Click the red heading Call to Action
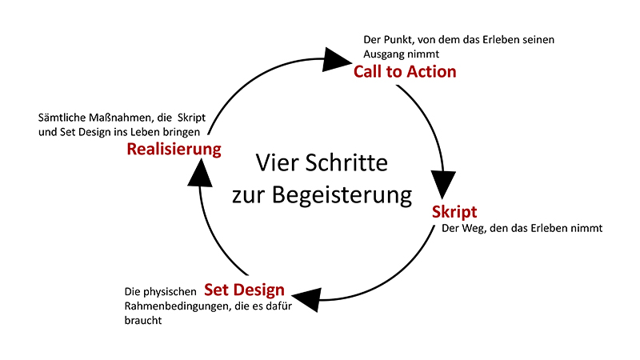click(405, 72)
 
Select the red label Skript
click(454, 212)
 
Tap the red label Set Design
click(244, 290)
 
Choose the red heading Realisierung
click(174, 149)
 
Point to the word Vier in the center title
click(274, 163)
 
